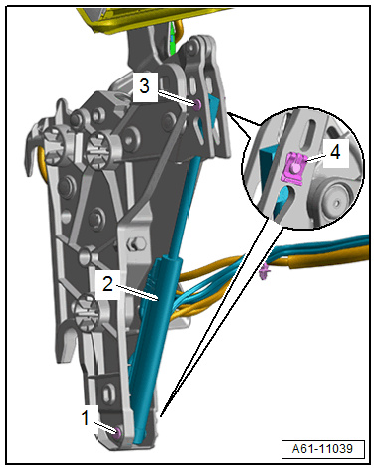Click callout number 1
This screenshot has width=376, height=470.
[x=86, y=418]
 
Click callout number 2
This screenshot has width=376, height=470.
[x=107, y=284]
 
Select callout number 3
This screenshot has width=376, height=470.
[x=145, y=86]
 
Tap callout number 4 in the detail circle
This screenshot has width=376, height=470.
[x=335, y=153]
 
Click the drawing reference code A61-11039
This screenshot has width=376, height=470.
[x=322, y=449]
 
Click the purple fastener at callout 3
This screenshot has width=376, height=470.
[x=197, y=105]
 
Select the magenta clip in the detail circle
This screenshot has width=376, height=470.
[x=294, y=169]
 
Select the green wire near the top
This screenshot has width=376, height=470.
[x=172, y=38]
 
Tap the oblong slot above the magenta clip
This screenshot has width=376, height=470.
[x=310, y=135]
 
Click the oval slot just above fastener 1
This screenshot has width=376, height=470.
[x=108, y=395]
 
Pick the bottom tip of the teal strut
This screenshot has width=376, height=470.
[x=138, y=439]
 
